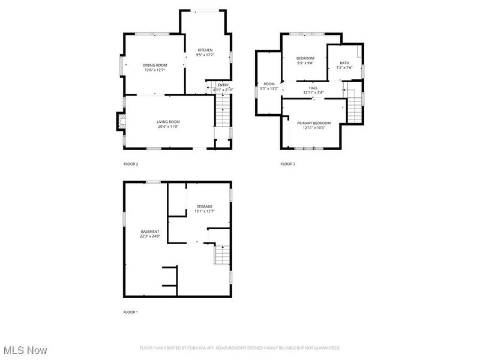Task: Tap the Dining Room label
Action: point(155,65)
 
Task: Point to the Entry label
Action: point(223,85)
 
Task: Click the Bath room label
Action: point(344,63)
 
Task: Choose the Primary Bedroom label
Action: point(314,122)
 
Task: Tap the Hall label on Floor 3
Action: point(313,88)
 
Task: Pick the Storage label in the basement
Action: point(204,206)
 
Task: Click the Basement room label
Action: point(150,232)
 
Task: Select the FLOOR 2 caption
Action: point(131,164)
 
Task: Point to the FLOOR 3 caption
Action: point(288,164)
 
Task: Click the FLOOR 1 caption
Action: point(131,312)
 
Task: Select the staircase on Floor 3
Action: point(356,109)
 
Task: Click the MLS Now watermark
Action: point(25,349)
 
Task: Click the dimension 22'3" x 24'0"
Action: point(150,236)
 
